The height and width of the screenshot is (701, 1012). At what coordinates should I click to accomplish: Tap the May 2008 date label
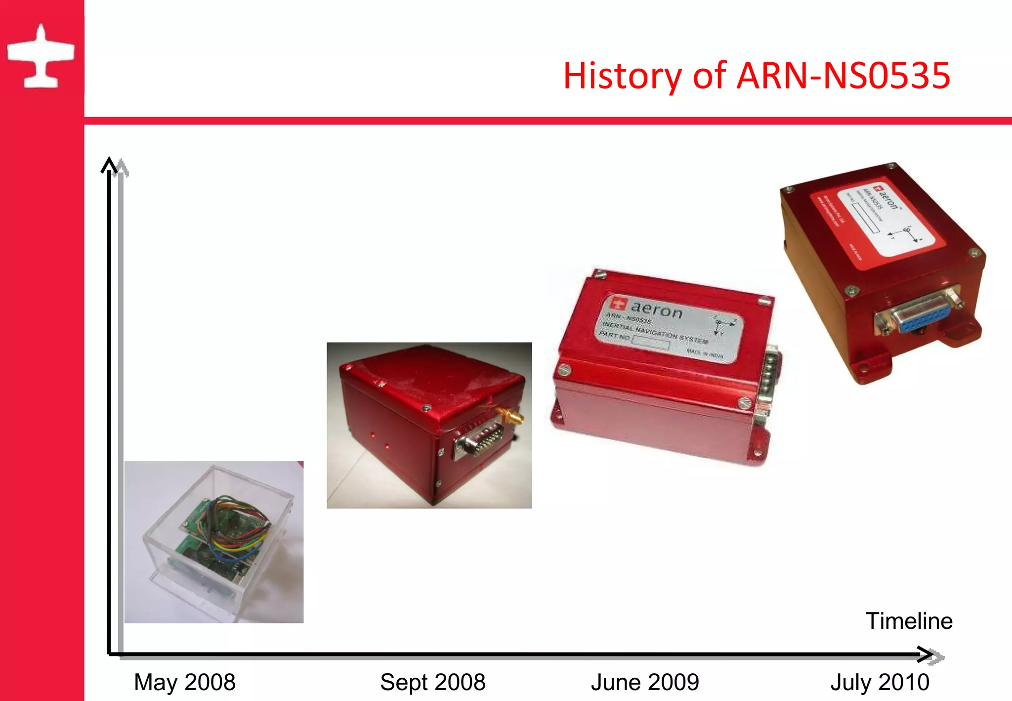point(184,682)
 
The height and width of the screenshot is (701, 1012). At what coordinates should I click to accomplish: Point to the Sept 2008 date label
point(432,682)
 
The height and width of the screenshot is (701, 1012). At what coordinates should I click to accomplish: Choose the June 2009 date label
point(645,682)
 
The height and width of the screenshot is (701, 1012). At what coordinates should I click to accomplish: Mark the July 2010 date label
point(880,682)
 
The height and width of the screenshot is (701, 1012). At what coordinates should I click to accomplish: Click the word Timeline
point(909,621)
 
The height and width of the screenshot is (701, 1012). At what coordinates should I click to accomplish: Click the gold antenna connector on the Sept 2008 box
point(511,416)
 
